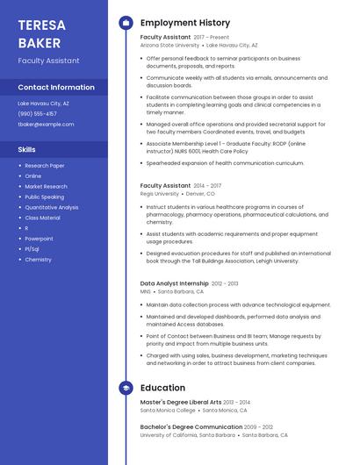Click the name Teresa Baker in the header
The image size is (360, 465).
pos(41,33)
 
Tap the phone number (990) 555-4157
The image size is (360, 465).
pos(37,114)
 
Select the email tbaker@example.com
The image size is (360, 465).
pos(46,125)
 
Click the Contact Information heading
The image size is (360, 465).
pos(56,88)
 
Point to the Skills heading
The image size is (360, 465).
pos(26,150)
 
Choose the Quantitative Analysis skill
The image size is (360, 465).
pos(51,207)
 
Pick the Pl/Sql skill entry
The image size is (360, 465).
pos(32,249)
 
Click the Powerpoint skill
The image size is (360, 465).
pos(39,239)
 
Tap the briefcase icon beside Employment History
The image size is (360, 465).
pos(125,23)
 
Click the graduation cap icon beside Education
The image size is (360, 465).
pos(125,388)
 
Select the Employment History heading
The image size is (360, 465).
pos(184,23)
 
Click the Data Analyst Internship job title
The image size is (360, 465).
pos(175,283)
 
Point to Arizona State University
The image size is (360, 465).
pos(169,45)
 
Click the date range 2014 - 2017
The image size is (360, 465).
pos(207,186)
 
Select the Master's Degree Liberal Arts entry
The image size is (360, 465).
pos(181,402)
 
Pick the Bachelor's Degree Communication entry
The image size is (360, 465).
pos(191,426)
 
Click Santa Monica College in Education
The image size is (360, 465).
pos(168,410)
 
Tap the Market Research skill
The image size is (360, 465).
pos(46,186)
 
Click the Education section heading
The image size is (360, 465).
pos(162,388)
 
